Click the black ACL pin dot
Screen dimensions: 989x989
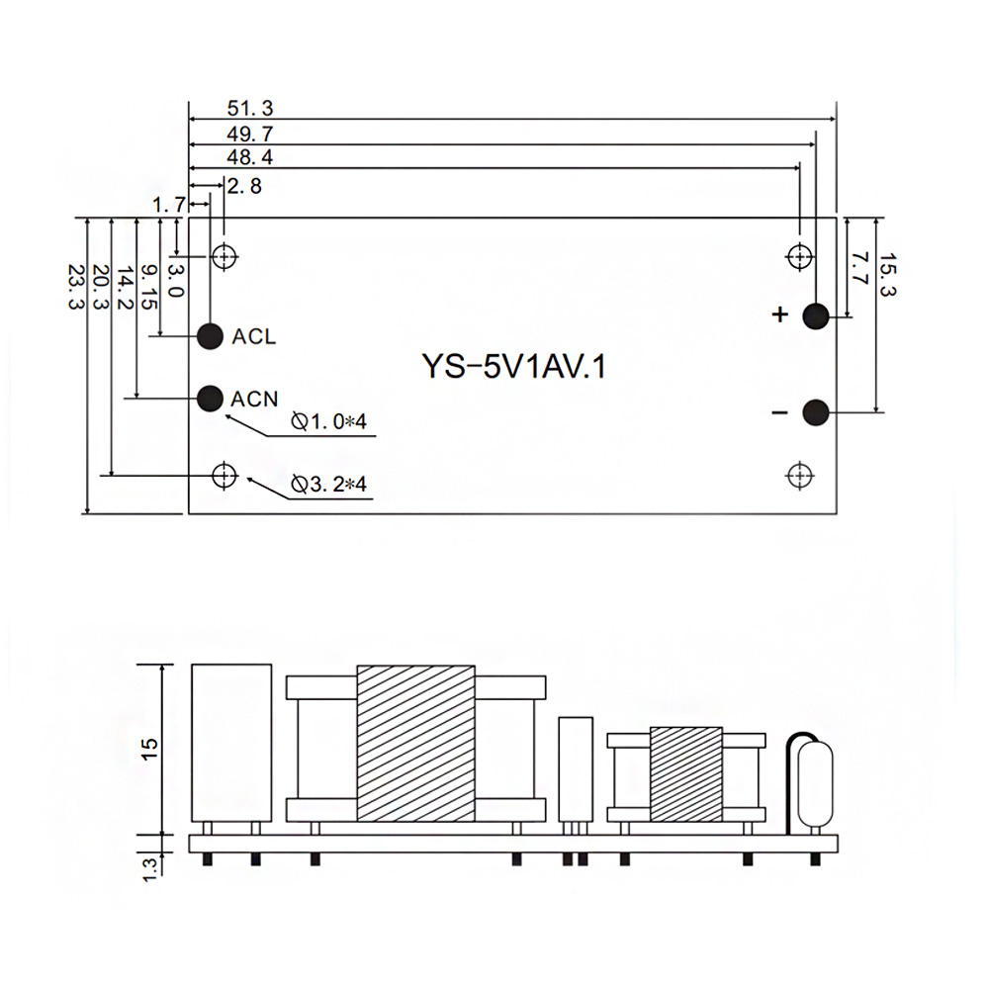210,336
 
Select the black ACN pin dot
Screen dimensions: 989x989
210,398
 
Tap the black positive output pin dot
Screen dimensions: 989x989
815,315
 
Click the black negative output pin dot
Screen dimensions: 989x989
815,412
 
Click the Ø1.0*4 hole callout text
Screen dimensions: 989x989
329,423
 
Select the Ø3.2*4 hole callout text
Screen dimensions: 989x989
329,485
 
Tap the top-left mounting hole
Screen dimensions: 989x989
225,257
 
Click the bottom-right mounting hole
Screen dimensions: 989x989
799,476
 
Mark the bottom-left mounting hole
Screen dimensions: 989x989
225,476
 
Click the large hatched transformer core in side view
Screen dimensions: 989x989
415,743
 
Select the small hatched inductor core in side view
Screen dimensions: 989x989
686,773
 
